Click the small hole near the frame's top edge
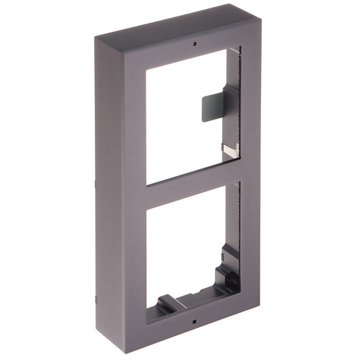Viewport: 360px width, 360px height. point(194,43)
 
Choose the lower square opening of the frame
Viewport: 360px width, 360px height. point(186,246)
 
